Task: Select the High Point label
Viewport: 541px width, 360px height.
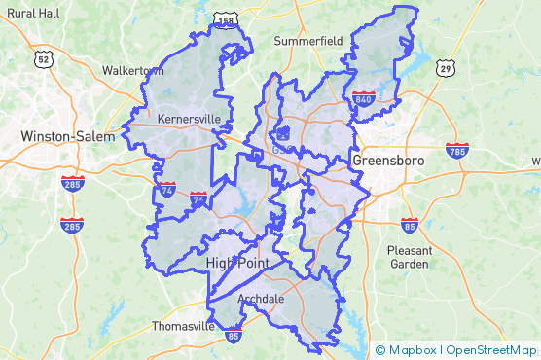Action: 236,264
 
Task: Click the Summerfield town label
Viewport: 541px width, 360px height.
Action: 308,42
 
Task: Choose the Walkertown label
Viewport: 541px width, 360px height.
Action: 133,71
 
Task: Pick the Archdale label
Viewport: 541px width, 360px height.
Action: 261,299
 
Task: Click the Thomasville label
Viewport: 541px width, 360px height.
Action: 183,327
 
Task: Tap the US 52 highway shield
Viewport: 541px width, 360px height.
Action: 43,59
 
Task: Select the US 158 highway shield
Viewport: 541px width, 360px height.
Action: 226,19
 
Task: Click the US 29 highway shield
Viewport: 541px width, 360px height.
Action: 445,68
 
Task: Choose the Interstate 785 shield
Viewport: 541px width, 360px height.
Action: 456,151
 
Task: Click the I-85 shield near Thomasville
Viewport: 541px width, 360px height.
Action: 234,336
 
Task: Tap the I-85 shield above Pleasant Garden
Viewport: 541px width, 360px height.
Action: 409,225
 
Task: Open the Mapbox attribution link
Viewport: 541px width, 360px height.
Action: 413,349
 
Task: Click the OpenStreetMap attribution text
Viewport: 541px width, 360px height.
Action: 490,349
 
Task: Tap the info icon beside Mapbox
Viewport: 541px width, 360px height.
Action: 379,349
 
